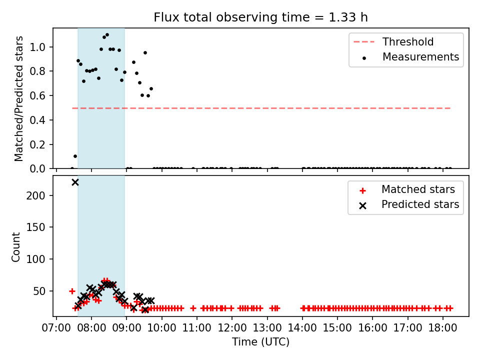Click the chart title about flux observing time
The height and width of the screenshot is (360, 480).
(260, 17)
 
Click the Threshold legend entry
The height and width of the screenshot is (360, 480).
(393, 41)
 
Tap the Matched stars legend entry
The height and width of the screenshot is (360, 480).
(408, 189)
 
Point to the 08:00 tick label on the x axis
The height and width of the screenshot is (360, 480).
(91, 328)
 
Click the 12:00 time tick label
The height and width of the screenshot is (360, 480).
(231, 328)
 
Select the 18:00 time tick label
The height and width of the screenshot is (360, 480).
(442, 328)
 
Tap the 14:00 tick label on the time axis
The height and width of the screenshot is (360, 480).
(302, 328)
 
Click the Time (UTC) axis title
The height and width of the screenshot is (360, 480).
(260, 341)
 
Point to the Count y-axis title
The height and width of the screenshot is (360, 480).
(15, 247)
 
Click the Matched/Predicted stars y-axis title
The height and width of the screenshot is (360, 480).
(18, 98)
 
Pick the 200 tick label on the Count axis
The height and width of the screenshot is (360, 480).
(36, 195)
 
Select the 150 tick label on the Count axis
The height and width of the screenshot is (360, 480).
(36, 227)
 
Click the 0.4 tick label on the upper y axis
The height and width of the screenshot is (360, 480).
(37, 120)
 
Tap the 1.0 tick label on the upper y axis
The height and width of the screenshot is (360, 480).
(37, 47)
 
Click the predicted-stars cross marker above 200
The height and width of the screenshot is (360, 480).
(75, 182)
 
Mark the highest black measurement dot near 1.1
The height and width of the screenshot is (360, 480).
(107, 35)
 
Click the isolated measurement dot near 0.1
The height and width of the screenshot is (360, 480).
(75, 156)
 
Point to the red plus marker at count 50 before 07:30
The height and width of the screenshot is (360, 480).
(72, 291)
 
